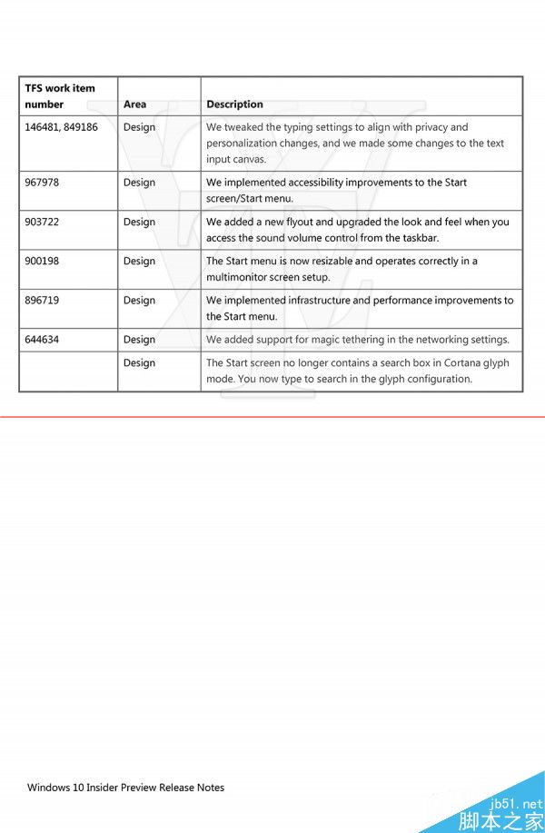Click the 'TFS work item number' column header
tap(60, 96)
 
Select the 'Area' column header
tap(134, 104)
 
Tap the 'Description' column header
tap(234, 104)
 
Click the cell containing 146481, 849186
tap(61, 127)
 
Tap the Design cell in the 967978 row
tap(139, 183)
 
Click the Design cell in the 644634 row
tap(139, 340)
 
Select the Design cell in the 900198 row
tap(139, 261)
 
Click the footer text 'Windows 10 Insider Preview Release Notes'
tap(125, 788)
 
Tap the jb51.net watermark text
tap(515, 804)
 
